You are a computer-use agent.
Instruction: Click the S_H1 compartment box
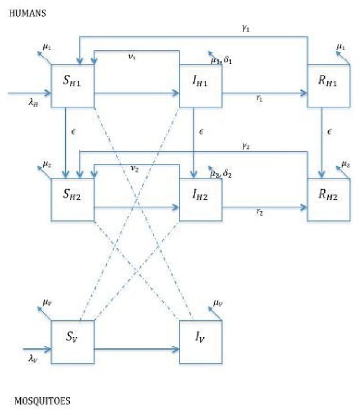[x=73, y=85]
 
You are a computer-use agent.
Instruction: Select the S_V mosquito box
[x=73, y=342]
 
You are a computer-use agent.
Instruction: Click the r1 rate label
[x=260, y=99]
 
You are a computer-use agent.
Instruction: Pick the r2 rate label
[x=260, y=213]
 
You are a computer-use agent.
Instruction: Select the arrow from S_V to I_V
[x=136, y=349]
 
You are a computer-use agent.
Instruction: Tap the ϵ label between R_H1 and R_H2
[x=329, y=132]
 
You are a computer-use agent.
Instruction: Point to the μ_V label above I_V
[x=217, y=303]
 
